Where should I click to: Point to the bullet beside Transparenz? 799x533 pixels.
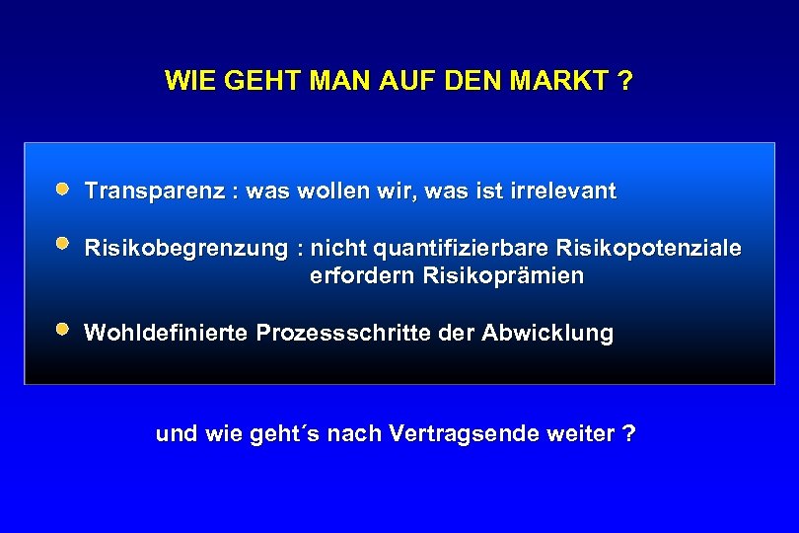62,187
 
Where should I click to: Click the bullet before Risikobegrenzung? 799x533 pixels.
62,243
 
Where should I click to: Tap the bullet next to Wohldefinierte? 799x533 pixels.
62,330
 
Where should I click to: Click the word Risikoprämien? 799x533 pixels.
503,276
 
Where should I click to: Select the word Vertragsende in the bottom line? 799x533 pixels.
455,434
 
